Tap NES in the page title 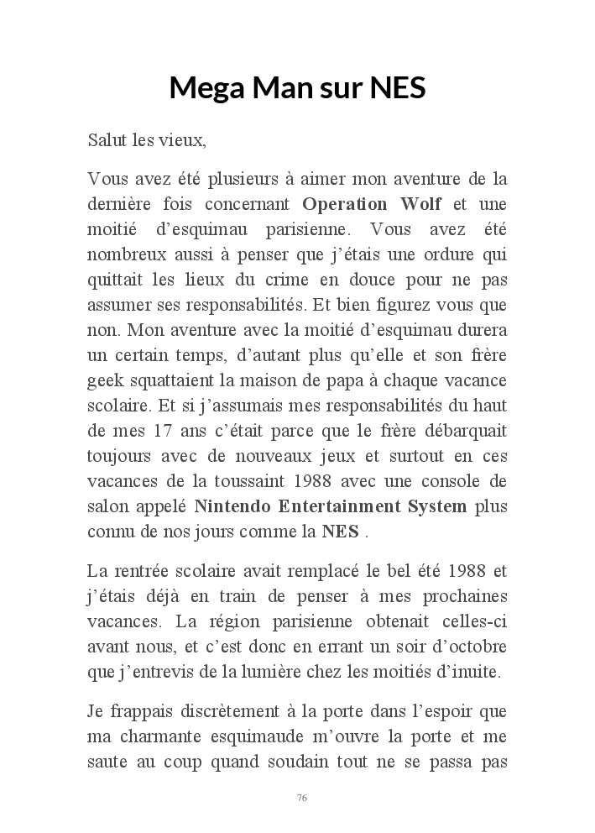click(395, 87)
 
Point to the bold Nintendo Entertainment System click(331, 507)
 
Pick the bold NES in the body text click(341, 532)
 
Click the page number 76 click(302, 797)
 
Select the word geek click(106, 381)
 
